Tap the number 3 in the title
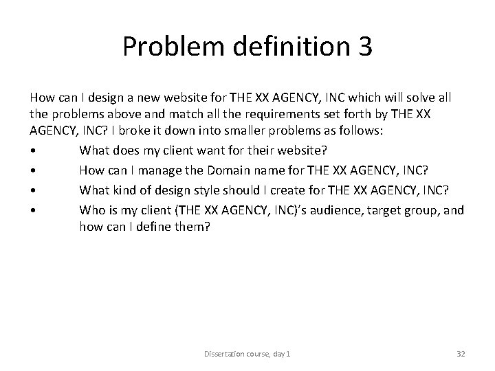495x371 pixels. pyautogui.click(x=364, y=46)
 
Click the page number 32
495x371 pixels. pyautogui.click(x=461, y=354)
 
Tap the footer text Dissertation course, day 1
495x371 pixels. pyautogui.click(x=247, y=354)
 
